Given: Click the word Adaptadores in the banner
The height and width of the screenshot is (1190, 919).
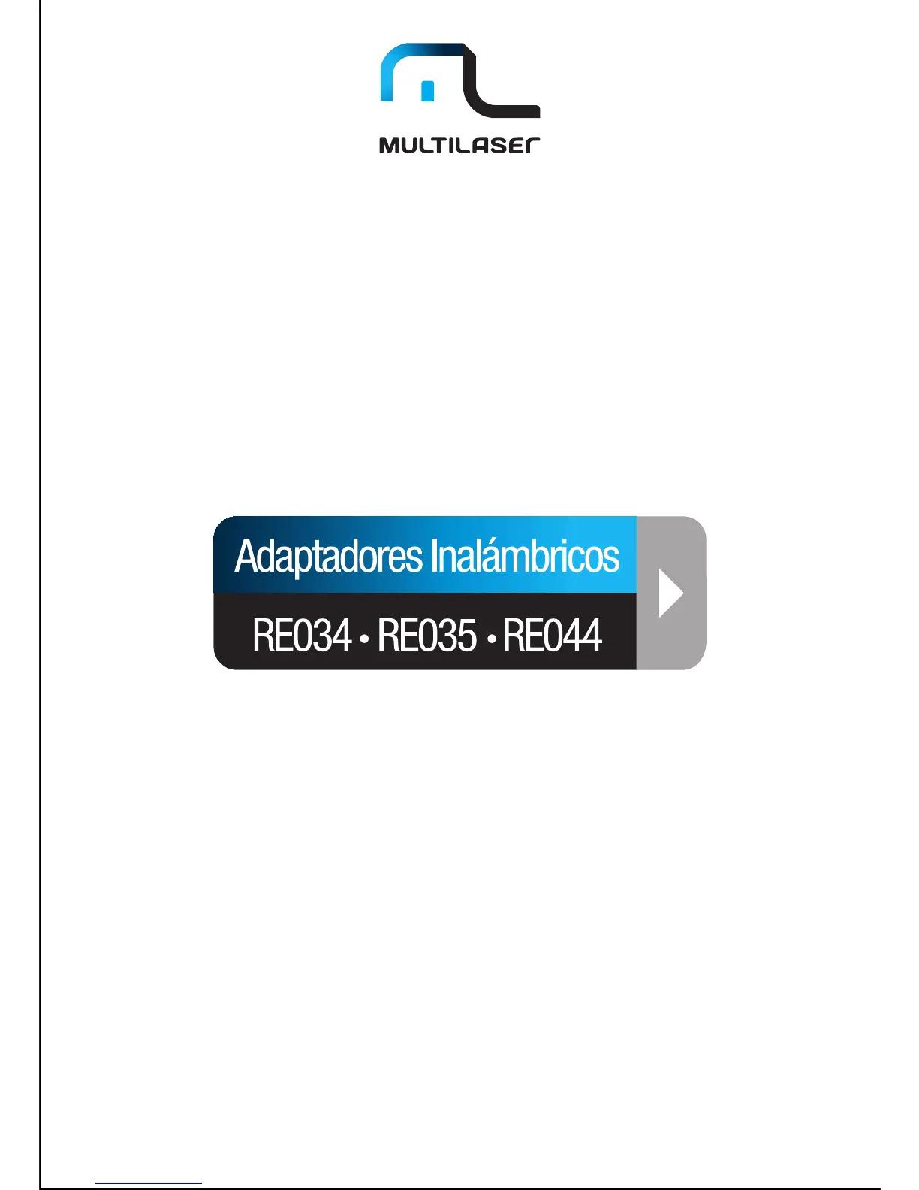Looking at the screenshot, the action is (329, 557).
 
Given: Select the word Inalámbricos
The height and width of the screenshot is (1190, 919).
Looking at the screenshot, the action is (525, 557).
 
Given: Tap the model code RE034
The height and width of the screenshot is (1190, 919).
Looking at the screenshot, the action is (302, 636).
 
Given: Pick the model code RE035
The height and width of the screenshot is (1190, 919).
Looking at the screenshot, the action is (426, 636).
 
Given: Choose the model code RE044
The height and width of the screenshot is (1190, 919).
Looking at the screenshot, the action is (552, 636).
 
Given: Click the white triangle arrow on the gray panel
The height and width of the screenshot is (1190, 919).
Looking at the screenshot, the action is (670, 593).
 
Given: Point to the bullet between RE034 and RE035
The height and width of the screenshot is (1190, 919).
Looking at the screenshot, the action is (364, 639).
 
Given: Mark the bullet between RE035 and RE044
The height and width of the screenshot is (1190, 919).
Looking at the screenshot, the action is (490, 639).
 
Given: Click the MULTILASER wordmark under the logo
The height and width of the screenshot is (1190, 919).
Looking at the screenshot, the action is (459, 145).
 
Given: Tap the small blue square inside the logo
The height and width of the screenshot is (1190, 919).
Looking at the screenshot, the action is (428, 91).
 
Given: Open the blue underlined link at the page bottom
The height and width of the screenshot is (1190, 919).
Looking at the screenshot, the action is (149, 1184).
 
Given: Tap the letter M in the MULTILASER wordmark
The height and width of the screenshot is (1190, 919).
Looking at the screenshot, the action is (390, 145).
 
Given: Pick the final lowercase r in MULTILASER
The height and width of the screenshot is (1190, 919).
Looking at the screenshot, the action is (532, 146).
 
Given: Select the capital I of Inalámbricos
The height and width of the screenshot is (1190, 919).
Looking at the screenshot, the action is (433, 557).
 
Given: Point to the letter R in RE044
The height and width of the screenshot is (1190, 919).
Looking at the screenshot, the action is (511, 636).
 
